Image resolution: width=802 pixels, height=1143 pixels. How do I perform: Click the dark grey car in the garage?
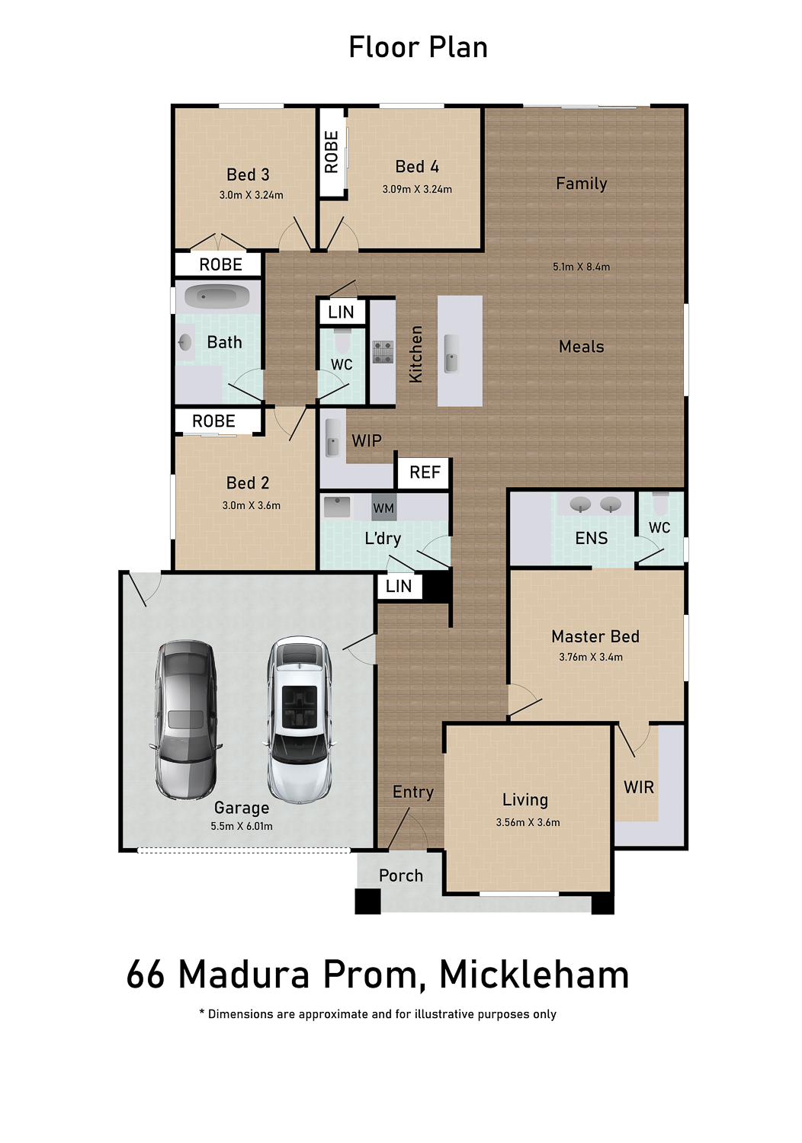pos(186,719)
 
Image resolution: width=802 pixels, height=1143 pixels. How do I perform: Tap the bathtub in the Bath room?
pos(217,297)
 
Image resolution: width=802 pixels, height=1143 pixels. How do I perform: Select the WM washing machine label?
pos(383,508)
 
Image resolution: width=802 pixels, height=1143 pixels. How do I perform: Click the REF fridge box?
pos(425,472)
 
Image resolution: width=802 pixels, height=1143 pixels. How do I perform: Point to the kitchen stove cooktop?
pos(383,352)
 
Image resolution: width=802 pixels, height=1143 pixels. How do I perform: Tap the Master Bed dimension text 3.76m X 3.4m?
pos(591,657)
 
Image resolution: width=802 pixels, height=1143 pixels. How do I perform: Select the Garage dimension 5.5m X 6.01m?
pos(242,826)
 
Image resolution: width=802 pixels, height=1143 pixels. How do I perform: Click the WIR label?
pos(639,787)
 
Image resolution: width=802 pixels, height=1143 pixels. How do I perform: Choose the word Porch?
pos(401,876)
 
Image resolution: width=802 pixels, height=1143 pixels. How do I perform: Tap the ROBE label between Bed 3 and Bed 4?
pos(332,152)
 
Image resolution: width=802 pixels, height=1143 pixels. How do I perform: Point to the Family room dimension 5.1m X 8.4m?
pos(581,267)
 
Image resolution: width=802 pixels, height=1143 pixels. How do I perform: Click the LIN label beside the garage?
pos(399,586)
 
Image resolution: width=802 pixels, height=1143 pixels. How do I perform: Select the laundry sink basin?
pos(337,507)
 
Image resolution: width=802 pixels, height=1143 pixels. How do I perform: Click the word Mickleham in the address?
pos(534,975)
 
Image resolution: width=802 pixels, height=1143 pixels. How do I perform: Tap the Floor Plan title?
pos(418,47)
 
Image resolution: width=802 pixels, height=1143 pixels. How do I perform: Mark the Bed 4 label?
pos(417,166)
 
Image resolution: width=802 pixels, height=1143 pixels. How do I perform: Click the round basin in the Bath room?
pos(185,342)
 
